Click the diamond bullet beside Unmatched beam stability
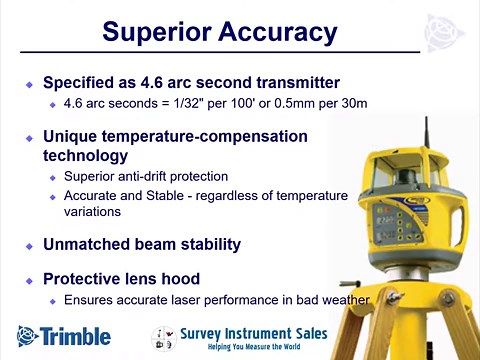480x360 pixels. [x=29, y=245]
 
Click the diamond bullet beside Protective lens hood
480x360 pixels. [x=29, y=279]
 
